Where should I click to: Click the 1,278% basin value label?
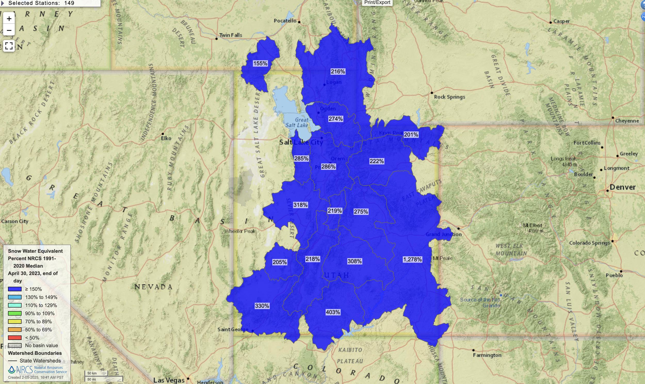(x=412, y=259)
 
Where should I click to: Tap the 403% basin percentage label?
(x=333, y=312)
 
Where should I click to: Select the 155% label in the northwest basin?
(x=260, y=63)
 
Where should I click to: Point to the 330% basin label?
(x=262, y=306)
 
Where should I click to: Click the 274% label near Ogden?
(x=336, y=119)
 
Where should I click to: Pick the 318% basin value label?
(x=300, y=205)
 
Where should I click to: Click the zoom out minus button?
(x=9, y=31)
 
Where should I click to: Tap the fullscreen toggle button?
(x=9, y=46)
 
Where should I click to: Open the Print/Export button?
(x=377, y=3)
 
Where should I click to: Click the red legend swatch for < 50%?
(x=15, y=338)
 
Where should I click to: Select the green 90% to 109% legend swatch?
(x=15, y=313)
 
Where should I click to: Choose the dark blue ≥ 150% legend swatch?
(x=15, y=289)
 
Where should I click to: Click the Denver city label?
(x=623, y=187)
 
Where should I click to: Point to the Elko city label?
(x=166, y=138)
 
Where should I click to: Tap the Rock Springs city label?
(x=450, y=97)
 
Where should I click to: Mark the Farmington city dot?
(x=473, y=350)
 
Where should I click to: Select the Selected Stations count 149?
(x=69, y=3)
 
